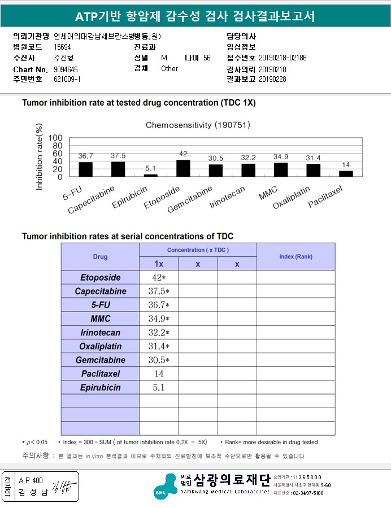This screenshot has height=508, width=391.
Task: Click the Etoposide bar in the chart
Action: click(x=183, y=168)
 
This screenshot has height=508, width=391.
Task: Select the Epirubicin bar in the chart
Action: click(x=151, y=175)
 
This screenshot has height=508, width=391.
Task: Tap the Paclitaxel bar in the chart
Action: click(x=346, y=173)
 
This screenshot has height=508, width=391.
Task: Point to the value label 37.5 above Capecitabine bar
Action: click(x=118, y=155)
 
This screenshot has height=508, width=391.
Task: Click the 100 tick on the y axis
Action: click(x=55, y=138)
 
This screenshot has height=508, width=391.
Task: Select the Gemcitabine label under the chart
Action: click(x=191, y=199)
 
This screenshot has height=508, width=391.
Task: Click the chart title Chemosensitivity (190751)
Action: click(x=198, y=124)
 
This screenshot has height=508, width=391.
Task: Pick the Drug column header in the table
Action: click(x=100, y=257)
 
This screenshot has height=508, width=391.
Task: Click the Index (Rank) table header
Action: click(x=296, y=257)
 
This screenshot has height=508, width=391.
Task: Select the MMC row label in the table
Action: click(x=100, y=319)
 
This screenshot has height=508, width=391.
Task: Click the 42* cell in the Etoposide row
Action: click(x=159, y=278)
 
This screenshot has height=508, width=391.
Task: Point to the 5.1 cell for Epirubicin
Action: click(x=159, y=388)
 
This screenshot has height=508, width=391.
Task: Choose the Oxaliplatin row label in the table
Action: click(x=100, y=347)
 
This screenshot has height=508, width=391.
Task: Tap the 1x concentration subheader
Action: click(x=159, y=264)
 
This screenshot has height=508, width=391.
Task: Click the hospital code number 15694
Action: click(x=63, y=47)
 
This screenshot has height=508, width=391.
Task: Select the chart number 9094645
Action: click(x=66, y=69)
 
